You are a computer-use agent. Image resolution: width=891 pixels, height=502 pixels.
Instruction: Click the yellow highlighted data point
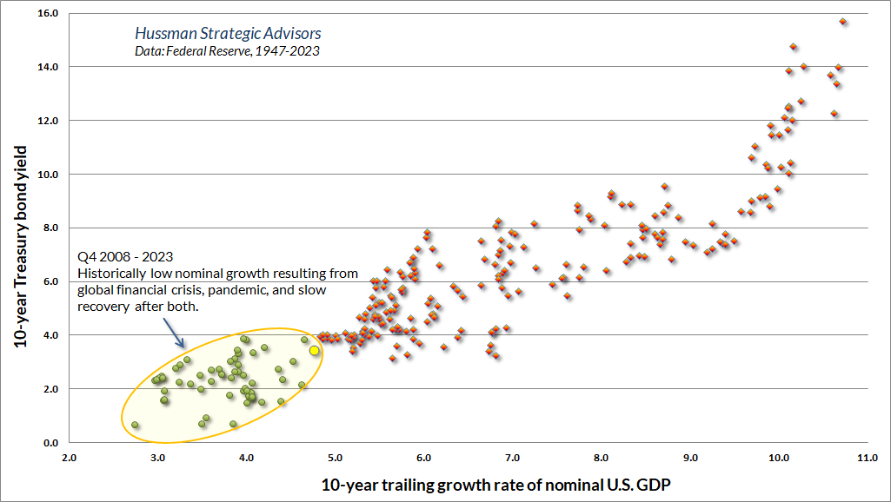315,350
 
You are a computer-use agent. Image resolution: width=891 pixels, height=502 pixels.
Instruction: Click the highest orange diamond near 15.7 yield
843,22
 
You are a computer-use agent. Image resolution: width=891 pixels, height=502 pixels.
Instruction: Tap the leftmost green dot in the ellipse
135,425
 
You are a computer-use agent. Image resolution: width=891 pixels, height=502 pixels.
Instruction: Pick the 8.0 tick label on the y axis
50,228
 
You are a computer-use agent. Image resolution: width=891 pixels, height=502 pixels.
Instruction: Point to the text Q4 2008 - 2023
125,257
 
